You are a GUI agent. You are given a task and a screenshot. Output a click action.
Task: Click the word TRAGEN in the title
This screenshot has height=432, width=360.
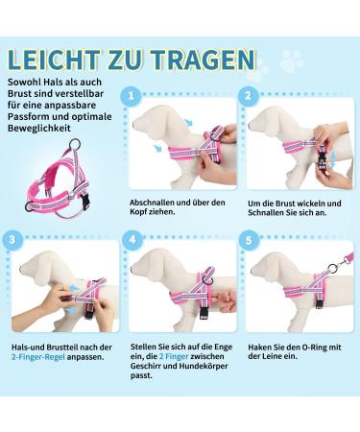pyautogui.click(x=204, y=60)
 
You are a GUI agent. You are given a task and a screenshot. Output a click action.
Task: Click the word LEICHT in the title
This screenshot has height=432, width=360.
pyautogui.click(x=54, y=60)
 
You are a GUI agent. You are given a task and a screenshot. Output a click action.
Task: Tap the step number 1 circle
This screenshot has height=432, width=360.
pyautogui.click(x=131, y=96)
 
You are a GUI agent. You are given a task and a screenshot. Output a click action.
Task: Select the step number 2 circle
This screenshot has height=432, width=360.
pyautogui.click(x=248, y=96)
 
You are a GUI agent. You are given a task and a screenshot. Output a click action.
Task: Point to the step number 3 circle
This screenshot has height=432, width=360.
pyautogui.click(x=12, y=240)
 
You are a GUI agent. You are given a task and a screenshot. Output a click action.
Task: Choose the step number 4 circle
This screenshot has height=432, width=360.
pyautogui.click(x=132, y=240)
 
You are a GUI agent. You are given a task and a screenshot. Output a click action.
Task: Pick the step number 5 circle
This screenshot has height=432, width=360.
pyautogui.click(x=249, y=240)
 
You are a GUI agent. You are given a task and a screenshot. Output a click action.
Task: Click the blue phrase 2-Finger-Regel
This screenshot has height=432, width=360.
pyautogui.click(x=38, y=357)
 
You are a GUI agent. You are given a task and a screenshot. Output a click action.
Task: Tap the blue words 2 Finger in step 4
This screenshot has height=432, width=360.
pyautogui.click(x=174, y=356)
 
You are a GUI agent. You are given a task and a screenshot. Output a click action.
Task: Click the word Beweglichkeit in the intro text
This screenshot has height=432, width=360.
pyautogui.click(x=39, y=129)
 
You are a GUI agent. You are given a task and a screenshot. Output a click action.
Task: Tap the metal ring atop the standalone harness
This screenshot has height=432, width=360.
pyautogui.click(x=75, y=145)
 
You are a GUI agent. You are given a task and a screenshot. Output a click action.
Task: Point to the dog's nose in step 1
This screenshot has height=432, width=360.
pyautogui.click(x=133, y=123)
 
